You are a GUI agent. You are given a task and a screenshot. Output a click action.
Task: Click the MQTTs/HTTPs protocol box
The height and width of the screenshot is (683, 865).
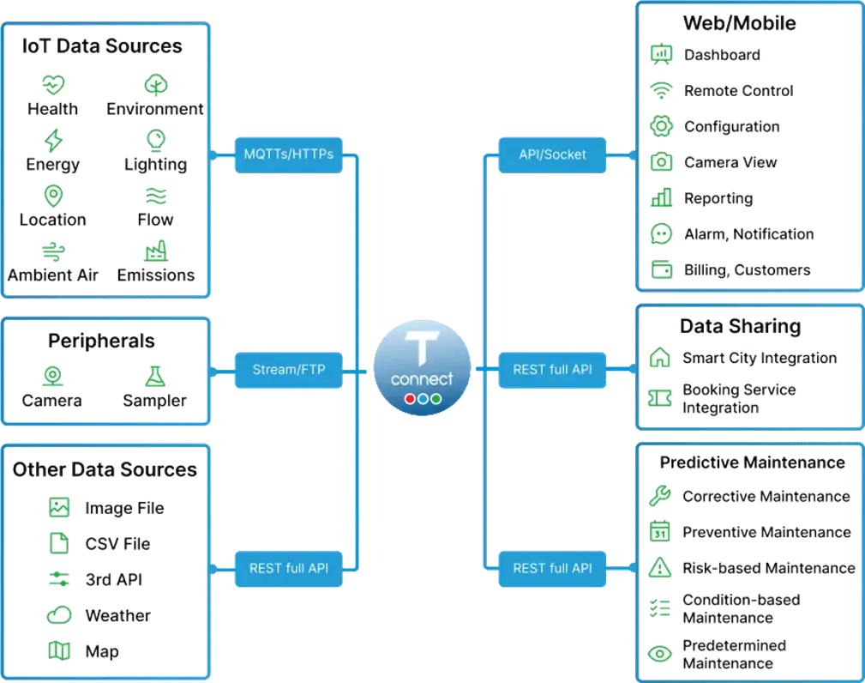click(x=289, y=155)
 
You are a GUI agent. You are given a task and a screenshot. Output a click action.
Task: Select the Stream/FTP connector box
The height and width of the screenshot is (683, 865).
click(x=289, y=371)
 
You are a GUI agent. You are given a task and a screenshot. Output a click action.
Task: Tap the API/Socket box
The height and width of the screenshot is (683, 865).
click(x=553, y=155)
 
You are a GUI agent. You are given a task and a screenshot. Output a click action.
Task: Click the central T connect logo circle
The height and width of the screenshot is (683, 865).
click(x=422, y=366)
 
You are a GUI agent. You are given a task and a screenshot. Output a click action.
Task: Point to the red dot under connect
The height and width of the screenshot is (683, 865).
click(x=410, y=399)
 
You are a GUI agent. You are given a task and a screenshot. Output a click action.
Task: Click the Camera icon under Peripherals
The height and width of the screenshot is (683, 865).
click(x=52, y=375)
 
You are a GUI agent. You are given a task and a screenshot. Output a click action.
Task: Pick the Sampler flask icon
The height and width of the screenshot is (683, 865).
click(x=155, y=375)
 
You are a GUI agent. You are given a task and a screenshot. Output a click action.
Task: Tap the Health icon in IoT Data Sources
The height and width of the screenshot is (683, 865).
click(x=54, y=84)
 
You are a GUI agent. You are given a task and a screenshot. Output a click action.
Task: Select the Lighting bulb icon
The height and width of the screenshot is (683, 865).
click(x=155, y=139)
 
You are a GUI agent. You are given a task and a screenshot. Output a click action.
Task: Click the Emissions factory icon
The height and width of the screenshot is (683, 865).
click(x=156, y=251)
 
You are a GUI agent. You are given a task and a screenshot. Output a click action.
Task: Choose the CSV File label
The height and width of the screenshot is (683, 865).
click(x=117, y=544)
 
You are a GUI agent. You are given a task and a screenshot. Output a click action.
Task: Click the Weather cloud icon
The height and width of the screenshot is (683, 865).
click(x=59, y=614)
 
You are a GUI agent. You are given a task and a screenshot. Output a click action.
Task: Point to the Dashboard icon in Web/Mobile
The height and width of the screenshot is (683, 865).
click(x=660, y=55)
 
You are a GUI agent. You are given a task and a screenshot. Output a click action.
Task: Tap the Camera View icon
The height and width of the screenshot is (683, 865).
click(x=661, y=161)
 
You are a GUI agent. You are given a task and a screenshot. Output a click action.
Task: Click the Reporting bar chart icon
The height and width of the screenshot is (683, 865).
click(x=661, y=198)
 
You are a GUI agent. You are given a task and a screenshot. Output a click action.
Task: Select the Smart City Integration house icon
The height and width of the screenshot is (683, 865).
click(x=660, y=357)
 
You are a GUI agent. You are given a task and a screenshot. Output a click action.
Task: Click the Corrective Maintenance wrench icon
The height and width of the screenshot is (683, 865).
click(x=659, y=495)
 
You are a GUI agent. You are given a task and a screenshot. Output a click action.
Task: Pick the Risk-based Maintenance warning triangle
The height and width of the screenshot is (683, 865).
click(x=659, y=567)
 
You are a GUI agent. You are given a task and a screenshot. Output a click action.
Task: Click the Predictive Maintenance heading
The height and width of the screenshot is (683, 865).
click(x=752, y=462)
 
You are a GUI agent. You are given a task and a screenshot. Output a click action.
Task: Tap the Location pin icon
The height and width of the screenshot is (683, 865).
click(x=53, y=196)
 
